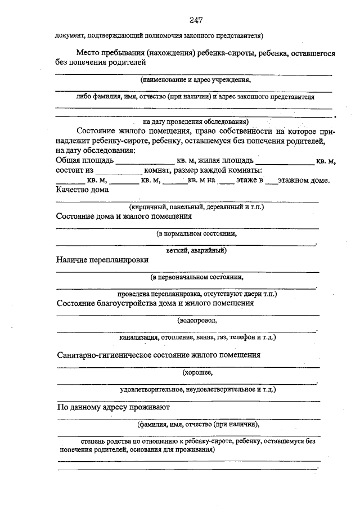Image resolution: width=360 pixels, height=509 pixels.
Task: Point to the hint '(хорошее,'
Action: [x=197, y=372]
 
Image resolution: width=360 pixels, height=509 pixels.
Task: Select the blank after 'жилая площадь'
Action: [x=284, y=161]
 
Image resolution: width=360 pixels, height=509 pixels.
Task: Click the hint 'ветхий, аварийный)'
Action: [x=196, y=250]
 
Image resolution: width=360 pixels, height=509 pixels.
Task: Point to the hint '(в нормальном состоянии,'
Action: [x=196, y=233]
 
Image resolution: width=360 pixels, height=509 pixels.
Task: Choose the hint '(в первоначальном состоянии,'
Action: [x=196, y=277]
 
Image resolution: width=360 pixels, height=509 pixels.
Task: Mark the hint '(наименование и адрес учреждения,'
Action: [x=195, y=80]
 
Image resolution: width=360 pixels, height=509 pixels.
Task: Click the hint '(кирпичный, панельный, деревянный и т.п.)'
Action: [x=196, y=207]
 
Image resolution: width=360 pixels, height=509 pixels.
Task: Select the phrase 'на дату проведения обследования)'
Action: [x=196, y=121]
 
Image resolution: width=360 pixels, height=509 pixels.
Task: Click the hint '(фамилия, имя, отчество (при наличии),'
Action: [x=198, y=424]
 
